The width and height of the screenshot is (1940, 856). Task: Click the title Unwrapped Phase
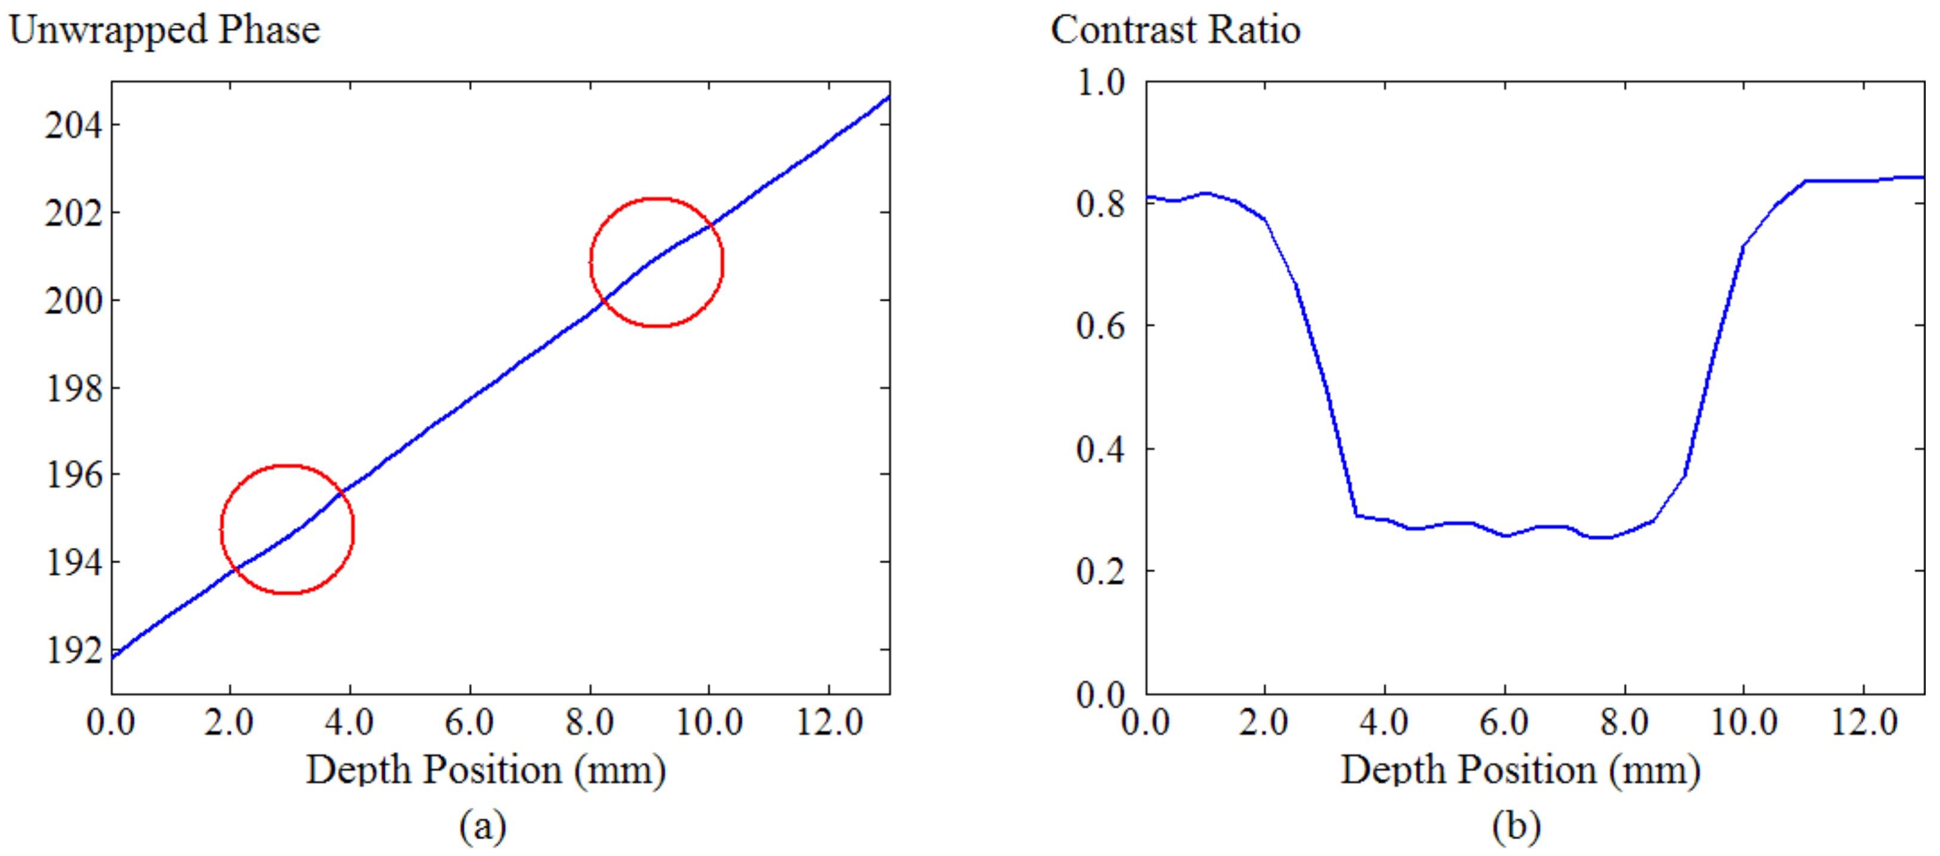tap(164, 30)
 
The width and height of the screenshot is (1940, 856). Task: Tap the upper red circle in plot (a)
tap(657, 262)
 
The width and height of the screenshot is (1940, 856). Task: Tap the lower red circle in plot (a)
tap(287, 529)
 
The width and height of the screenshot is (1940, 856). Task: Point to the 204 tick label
tap(73, 125)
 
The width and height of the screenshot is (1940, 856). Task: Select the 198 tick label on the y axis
tap(73, 389)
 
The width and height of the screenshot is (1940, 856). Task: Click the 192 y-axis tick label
tap(73, 650)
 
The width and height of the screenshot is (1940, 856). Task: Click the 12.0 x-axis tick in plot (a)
tap(829, 722)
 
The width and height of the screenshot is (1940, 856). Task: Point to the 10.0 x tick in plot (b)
tap(1744, 722)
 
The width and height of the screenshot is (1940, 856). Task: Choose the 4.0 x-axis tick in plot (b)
tap(1384, 722)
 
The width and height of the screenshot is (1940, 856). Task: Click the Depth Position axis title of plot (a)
tap(486, 770)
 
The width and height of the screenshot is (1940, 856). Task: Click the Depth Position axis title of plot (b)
tap(1520, 770)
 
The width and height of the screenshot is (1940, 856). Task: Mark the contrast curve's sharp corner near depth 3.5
tap(1355, 515)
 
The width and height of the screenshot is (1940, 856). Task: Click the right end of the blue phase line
tap(889, 97)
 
